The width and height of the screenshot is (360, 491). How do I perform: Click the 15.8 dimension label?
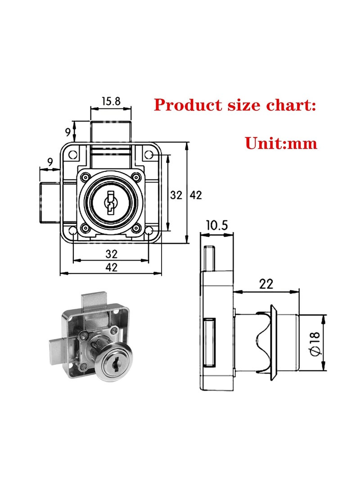[x=111, y=101]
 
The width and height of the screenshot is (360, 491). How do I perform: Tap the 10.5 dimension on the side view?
[x=217, y=225]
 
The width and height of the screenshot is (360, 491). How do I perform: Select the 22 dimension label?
[x=266, y=284]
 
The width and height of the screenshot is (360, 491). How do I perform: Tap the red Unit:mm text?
[x=281, y=143]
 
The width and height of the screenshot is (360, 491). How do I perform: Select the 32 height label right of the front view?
[x=176, y=195]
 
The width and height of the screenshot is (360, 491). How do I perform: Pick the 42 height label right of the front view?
[x=195, y=195]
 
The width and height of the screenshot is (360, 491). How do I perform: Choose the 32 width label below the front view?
[x=111, y=253]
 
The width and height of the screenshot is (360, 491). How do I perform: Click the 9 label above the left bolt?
[x=50, y=161]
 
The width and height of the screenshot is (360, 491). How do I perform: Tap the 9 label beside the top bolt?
[x=68, y=132]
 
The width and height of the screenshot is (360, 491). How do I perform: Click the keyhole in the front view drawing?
[x=111, y=201]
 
